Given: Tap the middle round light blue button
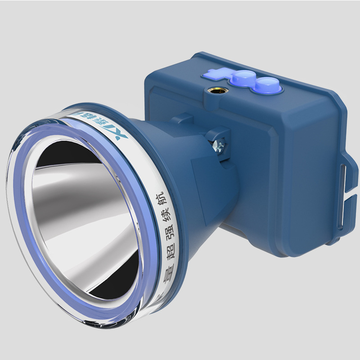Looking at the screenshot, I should tap(242, 78).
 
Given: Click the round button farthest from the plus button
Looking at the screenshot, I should tap(269, 85).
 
